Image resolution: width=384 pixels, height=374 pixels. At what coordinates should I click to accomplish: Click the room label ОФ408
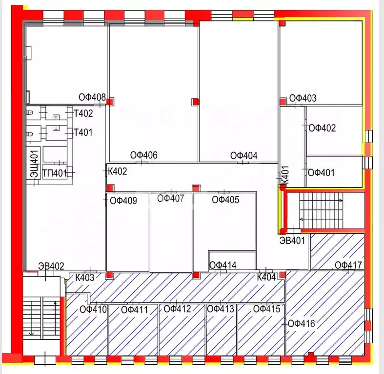(x=92, y=97)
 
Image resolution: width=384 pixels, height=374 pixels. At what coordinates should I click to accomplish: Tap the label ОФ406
(x=143, y=155)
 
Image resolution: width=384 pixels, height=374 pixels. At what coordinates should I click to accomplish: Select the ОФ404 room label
(x=244, y=155)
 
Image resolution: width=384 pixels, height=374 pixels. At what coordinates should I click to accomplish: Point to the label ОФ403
(x=303, y=98)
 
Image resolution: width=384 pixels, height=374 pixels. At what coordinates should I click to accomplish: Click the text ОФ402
(x=323, y=128)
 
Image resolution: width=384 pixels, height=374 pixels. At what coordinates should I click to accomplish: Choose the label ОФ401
(x=322, y=172)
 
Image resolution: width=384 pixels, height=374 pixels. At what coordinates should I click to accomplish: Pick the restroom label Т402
(x=83, y=114)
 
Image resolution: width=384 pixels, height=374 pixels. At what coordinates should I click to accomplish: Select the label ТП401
(x=54, y=172)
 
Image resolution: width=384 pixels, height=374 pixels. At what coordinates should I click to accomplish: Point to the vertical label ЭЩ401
(x=34, y=165)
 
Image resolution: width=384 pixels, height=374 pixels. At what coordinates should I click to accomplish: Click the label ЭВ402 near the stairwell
(x=51, y=266)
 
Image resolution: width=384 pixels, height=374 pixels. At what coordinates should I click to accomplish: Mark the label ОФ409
(x=123, y=200)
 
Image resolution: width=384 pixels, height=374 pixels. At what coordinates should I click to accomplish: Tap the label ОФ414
(x=223, y=265)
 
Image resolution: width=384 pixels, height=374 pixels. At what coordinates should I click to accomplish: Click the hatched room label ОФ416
(x=302, y=323)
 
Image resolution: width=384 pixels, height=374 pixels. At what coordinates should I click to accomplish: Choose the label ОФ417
(x=348, y=265)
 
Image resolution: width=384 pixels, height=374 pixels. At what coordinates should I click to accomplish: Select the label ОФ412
(x=177, y=309)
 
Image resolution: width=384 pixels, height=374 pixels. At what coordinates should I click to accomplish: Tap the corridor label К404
(x=267, y=277)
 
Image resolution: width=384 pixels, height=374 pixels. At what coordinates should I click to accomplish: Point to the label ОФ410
(x=93, y=309)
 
